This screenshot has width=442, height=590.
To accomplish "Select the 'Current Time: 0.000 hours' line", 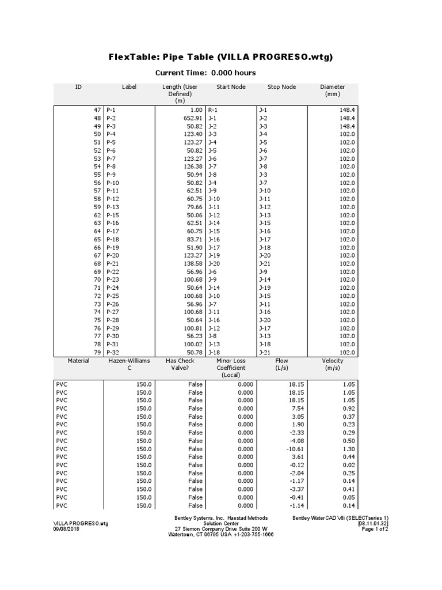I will click(206, 73).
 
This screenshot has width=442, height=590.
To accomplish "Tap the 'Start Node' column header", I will click(231, 87).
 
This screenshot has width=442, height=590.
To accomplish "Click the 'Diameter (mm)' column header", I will click(333, 90).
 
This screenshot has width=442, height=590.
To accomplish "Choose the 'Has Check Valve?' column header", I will click(180, 364).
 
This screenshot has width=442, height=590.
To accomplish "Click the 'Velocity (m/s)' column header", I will click(333, 364).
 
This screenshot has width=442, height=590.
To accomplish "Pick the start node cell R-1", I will click(212, 109).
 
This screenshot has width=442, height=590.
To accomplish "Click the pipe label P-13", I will click(112, 207).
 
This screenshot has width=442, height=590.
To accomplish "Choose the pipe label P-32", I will click(112, 352).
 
